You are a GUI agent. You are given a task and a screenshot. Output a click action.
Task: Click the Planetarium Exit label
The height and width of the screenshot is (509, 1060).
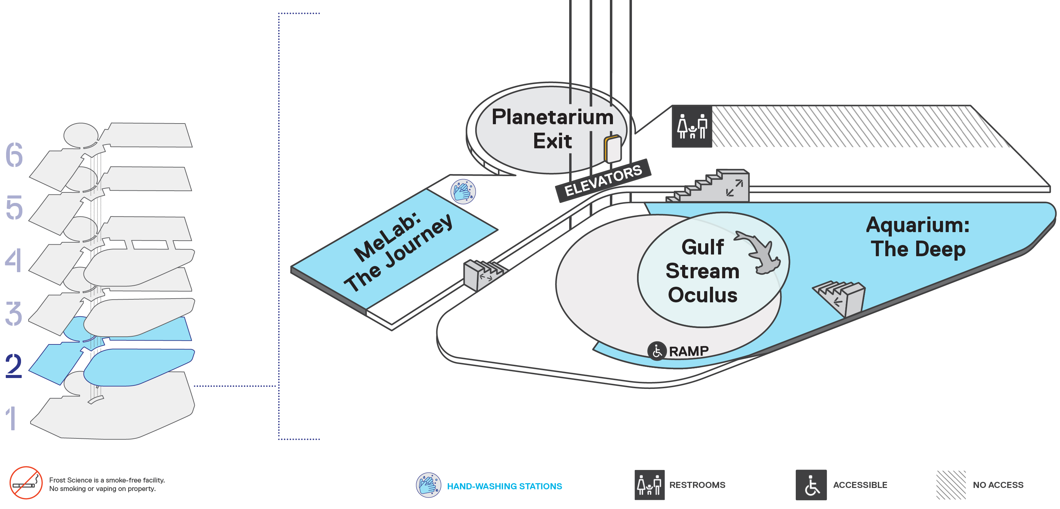[x=553, y=129]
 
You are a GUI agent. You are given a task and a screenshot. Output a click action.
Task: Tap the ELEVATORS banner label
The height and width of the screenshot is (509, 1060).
[x=603, y=181]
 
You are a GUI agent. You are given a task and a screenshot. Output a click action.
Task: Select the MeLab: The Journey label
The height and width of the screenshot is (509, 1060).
[x=398, y=252]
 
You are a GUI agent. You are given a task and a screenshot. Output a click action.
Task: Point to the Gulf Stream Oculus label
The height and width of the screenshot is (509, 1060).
[x=703, y=271]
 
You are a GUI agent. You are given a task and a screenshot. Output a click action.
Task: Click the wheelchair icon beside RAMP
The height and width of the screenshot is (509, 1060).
[x=657, y=351]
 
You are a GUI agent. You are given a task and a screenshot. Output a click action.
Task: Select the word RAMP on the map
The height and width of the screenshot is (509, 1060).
[x=689, y=351]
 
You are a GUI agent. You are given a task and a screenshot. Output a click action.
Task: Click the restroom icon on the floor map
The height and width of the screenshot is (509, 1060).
[x=692, y=126]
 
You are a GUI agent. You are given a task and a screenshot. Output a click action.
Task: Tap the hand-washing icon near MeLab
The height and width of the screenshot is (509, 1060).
[x=463, y=191]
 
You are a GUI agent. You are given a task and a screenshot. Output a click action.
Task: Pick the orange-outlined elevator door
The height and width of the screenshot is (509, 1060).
[x=613, y=149]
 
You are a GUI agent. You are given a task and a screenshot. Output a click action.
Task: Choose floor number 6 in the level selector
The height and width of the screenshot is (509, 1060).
[x=14, y=155]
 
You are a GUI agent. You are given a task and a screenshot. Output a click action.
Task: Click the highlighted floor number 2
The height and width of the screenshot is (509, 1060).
[x=14, y=366]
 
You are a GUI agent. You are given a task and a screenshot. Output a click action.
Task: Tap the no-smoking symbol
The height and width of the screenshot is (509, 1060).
[x=26, y=483]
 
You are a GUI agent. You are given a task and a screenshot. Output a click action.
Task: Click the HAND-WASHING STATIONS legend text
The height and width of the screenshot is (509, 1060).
[x=504, y=486]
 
